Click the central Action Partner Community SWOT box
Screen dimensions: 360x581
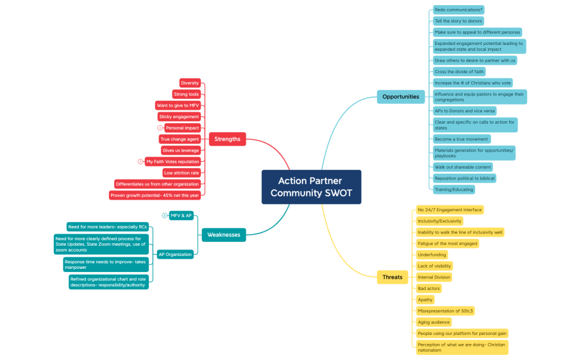[311, 187]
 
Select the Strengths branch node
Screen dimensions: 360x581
[227, 139]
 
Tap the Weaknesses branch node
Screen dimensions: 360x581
[223, 235]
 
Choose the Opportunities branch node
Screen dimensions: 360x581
[400, 97]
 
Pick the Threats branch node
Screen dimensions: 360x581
[392, 277]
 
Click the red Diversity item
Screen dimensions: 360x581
[190, 83]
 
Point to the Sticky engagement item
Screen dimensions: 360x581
[179, 117]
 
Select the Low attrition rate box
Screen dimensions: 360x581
[181, 173]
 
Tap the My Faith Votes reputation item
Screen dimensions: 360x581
[173, 162]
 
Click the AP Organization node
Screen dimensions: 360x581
[175, 254]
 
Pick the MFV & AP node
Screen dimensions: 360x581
[181, 216]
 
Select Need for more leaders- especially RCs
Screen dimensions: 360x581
[108, 227]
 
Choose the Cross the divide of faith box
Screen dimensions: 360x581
[459, 72]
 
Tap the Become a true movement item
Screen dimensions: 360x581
[461, 139]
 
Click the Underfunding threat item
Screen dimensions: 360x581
[432, 255]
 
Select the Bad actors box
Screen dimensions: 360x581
[428, 289]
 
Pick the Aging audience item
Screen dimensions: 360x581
[434, 322]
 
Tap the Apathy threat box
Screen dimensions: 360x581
[425, 300]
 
